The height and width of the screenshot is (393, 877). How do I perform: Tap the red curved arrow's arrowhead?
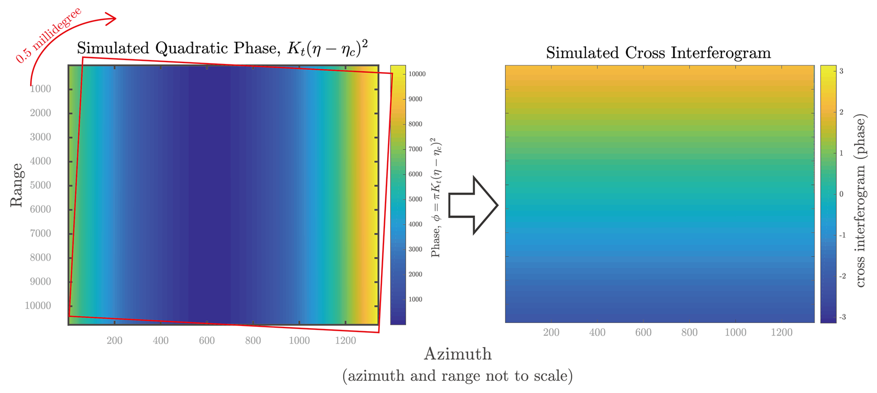[112, 19]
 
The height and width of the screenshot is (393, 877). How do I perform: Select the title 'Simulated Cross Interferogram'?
[658, 53]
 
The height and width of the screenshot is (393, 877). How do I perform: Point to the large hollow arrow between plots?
[473, 205]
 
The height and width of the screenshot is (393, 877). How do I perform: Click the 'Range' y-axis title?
[16, 185]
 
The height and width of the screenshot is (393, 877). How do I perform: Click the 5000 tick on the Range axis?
[41, 185]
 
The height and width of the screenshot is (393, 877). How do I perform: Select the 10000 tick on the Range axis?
[38, 305]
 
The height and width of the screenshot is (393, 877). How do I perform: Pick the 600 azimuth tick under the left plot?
[207, 341]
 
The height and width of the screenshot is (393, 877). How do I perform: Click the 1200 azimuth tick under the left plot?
[345, 341]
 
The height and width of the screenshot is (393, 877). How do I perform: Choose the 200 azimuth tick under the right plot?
[551, 332]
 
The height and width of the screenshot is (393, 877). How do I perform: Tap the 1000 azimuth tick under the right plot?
[735, 332]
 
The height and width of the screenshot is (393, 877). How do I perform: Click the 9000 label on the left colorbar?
[415, 99]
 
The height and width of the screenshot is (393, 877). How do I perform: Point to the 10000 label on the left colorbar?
[417, 74]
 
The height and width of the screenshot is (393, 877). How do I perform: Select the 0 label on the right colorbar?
[841, 194]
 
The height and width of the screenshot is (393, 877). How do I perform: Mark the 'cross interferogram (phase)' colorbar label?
[860, 201]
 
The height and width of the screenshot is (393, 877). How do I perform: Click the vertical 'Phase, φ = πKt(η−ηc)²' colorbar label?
[436, 197]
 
